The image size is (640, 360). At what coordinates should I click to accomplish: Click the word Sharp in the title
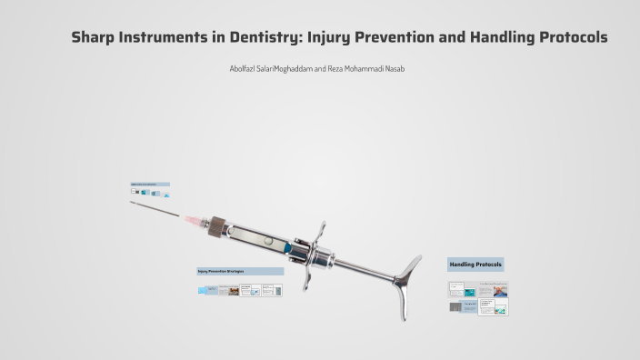95,38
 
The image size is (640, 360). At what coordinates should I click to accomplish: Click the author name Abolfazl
245,69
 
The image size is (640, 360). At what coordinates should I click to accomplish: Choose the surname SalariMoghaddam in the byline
286,69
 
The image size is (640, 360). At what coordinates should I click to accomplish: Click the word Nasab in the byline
395,69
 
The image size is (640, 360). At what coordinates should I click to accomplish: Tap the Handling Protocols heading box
475,265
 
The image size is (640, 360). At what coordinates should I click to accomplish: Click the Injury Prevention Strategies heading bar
240,271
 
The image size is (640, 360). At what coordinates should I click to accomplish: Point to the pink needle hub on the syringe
195,220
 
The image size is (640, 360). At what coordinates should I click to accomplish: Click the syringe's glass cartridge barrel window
259,238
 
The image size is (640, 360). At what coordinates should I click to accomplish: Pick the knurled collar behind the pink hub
216,225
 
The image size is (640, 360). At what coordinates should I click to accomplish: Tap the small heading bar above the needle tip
150,185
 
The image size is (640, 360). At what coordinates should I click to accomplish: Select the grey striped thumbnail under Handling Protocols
455,307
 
